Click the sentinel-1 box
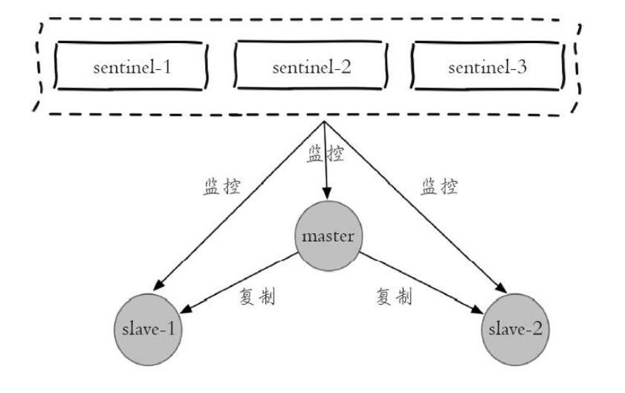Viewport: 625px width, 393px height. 132,68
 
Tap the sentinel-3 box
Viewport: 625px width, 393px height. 487,68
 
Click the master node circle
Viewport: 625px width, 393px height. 328,238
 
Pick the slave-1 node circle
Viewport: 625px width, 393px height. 148,328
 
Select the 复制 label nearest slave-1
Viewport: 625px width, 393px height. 258,297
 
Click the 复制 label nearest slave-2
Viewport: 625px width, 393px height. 392,297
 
